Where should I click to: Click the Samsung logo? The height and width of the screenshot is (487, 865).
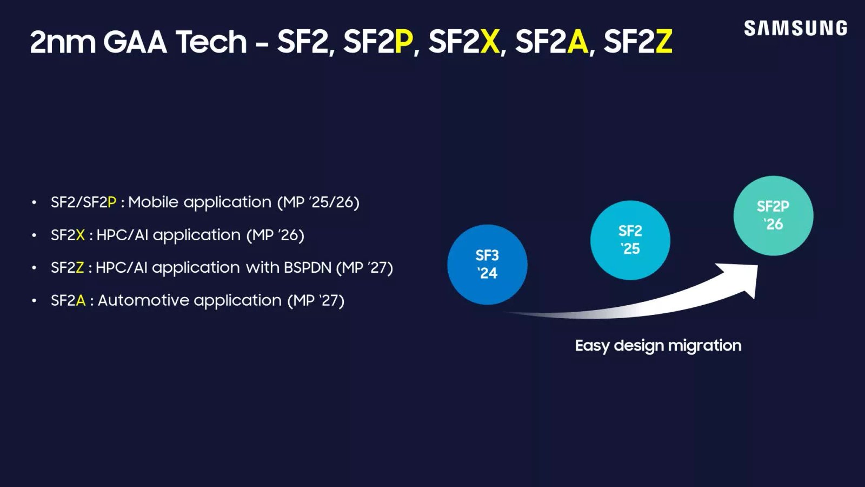pos(795,28)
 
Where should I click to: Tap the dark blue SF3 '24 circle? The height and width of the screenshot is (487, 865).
pos(487,264)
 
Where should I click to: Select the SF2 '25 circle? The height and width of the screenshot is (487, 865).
pos(630,240)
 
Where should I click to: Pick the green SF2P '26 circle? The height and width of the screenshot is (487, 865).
pos(773,215)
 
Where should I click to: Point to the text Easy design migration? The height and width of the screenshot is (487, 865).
pos(658,345)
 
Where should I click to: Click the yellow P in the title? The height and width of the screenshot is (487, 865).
pos(403,42)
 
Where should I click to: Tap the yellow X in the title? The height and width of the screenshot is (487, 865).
pos(490,42)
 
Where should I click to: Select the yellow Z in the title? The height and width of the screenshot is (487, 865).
pos(663,42)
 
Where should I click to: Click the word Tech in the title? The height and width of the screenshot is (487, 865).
pos(211,42)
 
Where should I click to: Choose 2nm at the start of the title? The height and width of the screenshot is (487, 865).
pos(62,42)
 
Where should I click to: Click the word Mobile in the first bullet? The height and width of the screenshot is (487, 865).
pos(153,202)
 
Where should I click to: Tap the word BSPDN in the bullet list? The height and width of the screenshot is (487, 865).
pos(307,267)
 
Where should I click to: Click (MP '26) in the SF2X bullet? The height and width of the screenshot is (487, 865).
pos(275,235)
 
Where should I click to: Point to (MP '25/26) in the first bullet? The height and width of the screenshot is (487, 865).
pos(318,202)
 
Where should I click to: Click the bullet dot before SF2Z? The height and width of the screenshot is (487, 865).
pos(34,268)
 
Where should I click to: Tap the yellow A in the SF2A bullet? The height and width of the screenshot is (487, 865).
pos(81,300)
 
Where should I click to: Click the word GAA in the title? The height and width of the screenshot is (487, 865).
pos(135,42)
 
